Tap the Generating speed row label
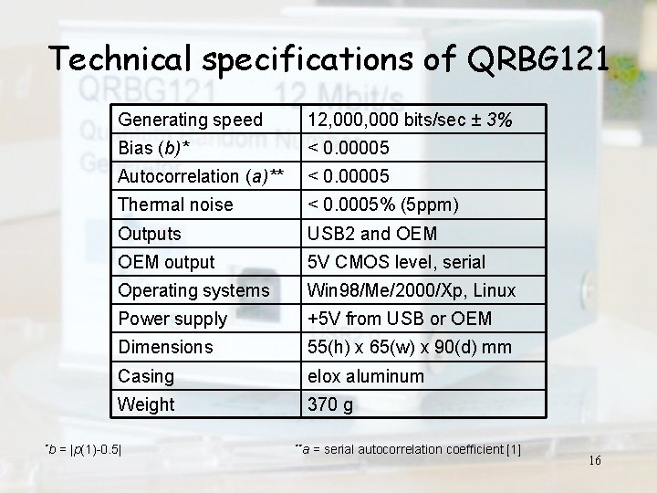point(191,121)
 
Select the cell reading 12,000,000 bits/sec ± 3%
point(410,121)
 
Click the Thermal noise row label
point(176,205)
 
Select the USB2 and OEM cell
point(372,234)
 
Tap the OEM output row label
point(167,262)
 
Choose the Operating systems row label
point(193,290)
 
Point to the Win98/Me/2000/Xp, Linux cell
point(412,290)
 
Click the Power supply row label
point(172,319)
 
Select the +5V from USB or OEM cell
point(400,319)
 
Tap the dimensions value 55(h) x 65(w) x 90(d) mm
point(409,347)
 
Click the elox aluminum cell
point(366,375)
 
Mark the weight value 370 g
point(330,404)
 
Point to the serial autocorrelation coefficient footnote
point(408,448)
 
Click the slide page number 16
point(595,460)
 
